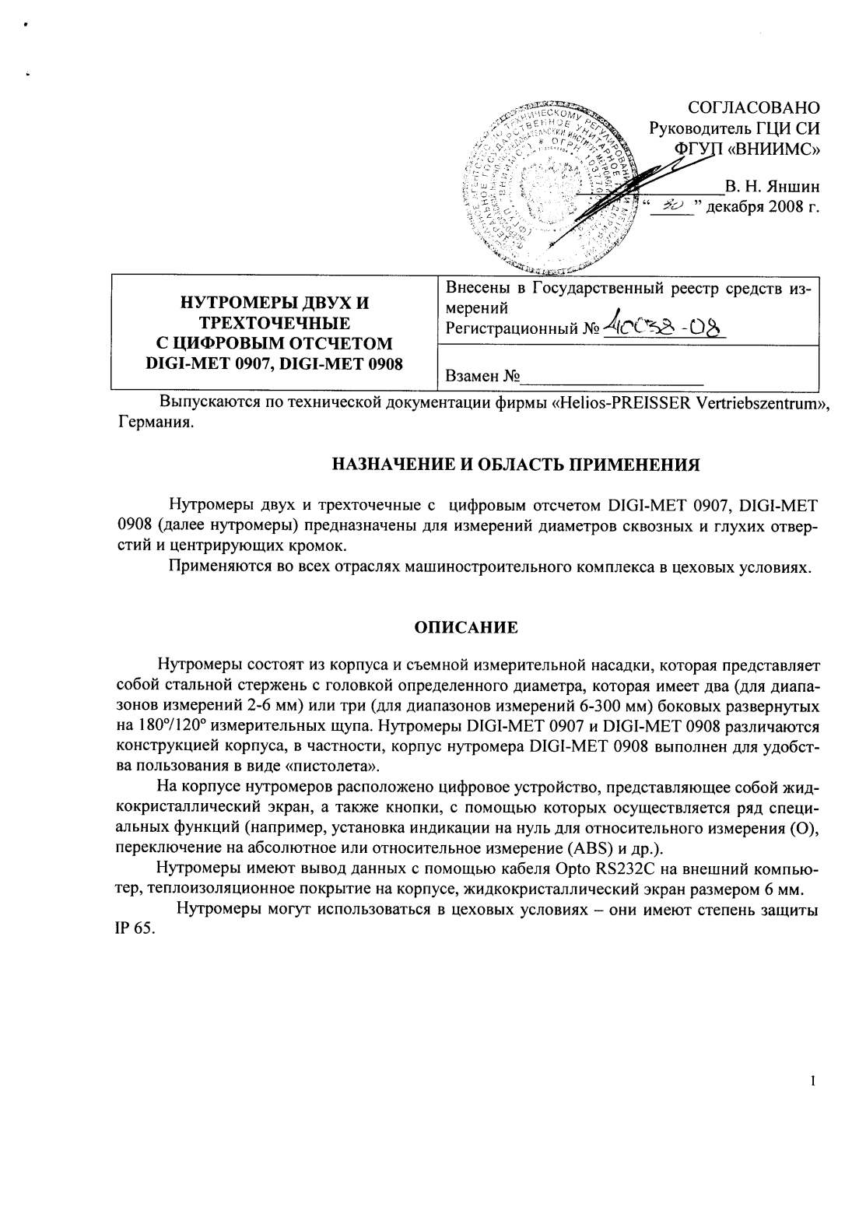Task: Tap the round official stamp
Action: pos(555,187)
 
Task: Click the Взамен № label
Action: pos(482,377)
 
